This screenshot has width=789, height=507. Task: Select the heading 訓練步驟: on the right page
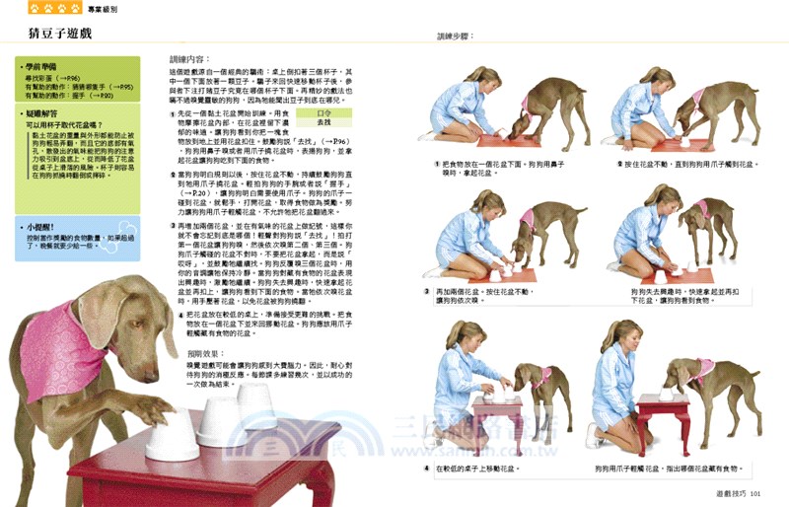coord(456,36)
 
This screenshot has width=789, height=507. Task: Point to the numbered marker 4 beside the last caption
coord(426,469)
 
